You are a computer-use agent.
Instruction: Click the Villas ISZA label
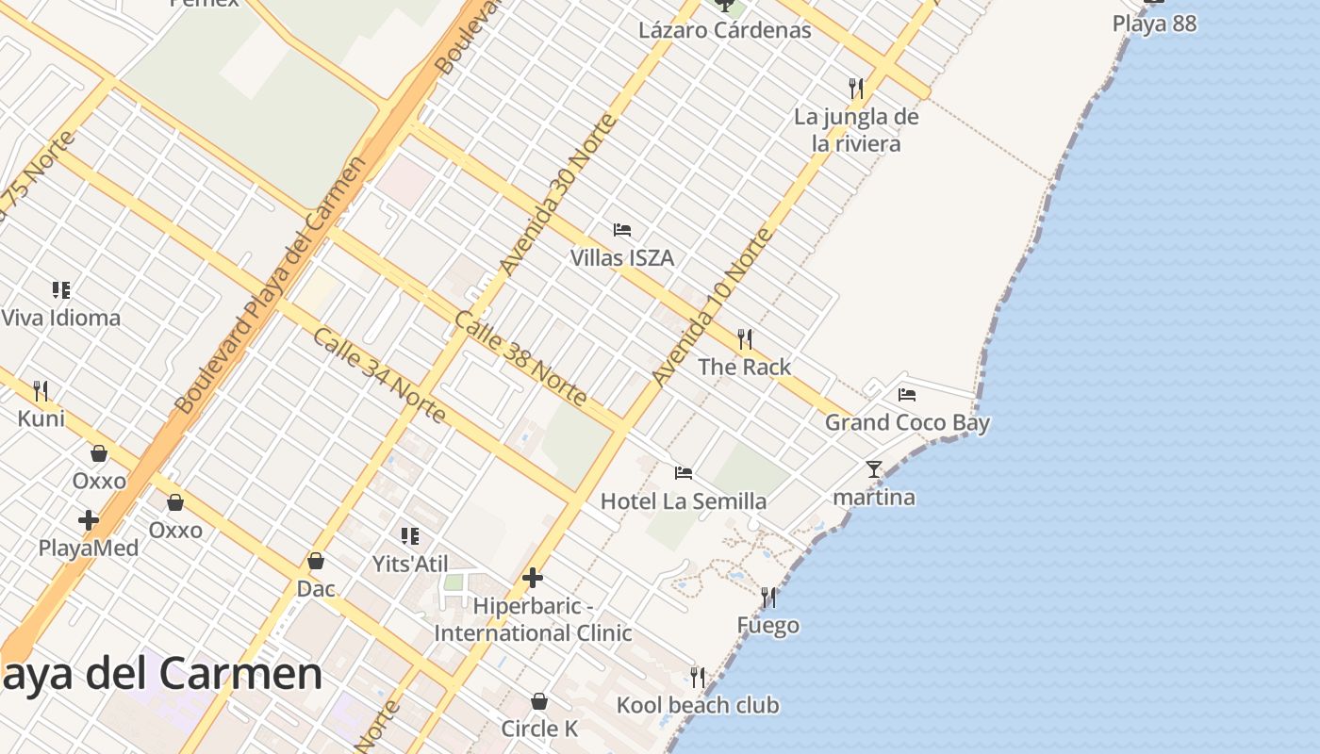[x=621, y=257]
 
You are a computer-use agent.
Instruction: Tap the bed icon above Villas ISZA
[x=621, y=229]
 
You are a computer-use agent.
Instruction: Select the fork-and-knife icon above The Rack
[x=745, y=338]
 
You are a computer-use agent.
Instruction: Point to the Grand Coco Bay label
[x=907, y=422]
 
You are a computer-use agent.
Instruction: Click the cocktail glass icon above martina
[x=874, y=468]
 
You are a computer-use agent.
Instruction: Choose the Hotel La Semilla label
[x=683, y=500]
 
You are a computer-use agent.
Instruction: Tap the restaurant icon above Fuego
[x=768, y=597]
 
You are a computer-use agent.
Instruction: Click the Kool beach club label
[x=698, y=705]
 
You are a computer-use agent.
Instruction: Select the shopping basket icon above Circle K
[x=539, y=701]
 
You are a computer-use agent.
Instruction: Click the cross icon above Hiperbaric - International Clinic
[x=533, y=577]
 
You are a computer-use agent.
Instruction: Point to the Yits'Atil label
[x=409, y=565]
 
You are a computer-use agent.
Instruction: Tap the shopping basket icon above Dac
[x=316, y=561]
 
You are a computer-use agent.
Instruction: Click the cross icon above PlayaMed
[x=89, y=519]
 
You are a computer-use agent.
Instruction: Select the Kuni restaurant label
[x=41, y=418]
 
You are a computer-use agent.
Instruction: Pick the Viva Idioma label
[x=61, y=318]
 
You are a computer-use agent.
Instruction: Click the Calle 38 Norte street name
[x=520, y=357]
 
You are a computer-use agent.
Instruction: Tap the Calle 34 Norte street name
[x=379, y=375]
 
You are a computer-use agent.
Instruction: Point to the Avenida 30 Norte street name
[x=557, y=194]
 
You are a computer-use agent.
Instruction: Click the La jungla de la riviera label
[x=856, y=130]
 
